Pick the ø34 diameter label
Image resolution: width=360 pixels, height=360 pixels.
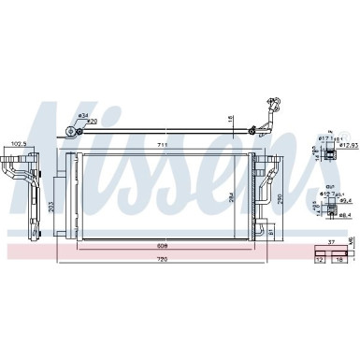tap(84, 115)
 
